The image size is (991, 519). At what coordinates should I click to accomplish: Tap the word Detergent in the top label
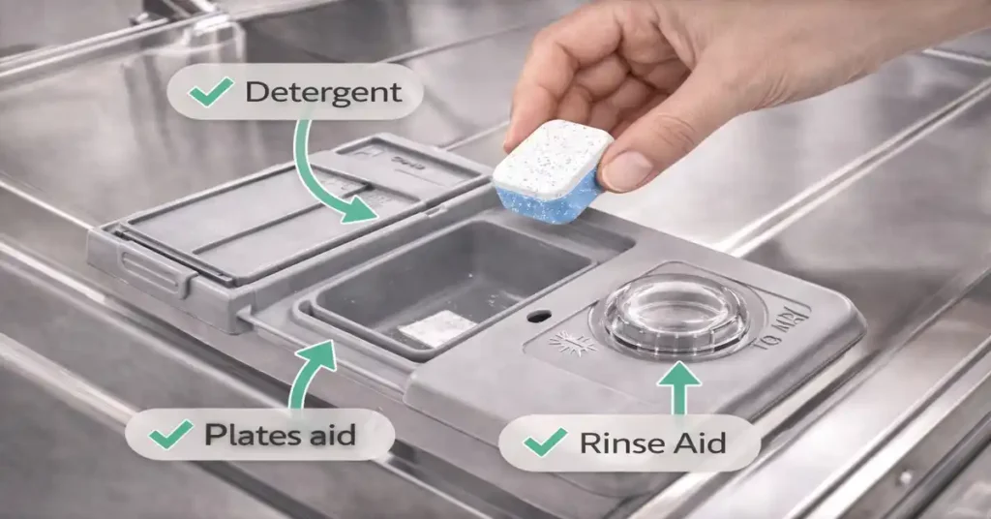(x=322, y=93)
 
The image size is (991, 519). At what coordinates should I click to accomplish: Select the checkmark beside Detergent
(x=210, y=93)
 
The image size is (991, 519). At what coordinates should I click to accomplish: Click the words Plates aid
(x=281, y=435)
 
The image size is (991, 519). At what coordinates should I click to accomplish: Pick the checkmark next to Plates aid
(x=170, y=435)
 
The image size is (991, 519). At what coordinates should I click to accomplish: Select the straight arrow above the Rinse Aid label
(x=678, y=387)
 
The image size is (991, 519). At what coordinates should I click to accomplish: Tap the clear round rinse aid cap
(x=675, y=315)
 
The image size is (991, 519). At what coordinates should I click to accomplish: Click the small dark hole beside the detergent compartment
(x=539, y=316)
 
